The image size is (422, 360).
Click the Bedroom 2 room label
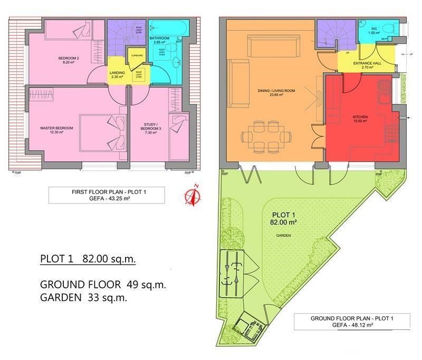coord(69,60)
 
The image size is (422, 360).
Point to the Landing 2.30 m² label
coord(117,75)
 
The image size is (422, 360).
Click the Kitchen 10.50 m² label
coord(360,118)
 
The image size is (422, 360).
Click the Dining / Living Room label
coord(275,93)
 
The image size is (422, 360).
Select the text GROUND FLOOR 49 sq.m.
coord(103,285)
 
